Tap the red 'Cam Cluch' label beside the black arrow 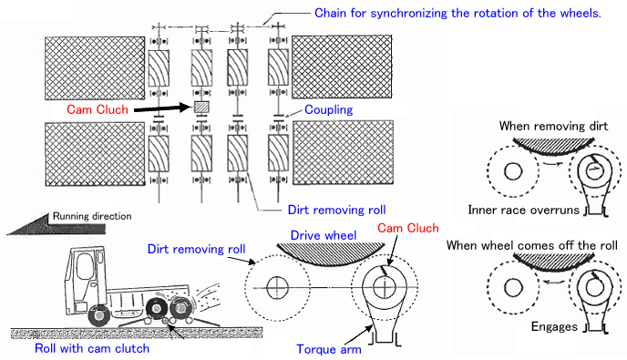click(98, 109)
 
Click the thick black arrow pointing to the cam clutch click(163, 108)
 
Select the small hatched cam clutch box click(201, 108)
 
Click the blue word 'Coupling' click(329, 109)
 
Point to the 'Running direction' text click(92, 216)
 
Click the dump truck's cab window click(85, 266)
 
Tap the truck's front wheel click(98, 315)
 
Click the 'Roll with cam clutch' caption click(92, 348)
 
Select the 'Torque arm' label click(329, 349)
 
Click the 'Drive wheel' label click(324, 235)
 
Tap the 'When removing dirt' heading click(553, 126)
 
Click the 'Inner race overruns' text click(523, 210)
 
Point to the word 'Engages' click(554, 327)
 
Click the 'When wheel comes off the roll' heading click(532, 245)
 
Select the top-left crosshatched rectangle click(95, 68)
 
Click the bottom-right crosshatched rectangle click(343, 152)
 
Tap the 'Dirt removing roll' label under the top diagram click(336, 210)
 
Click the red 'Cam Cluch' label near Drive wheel click(408, 228)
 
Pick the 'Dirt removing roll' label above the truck click(196, 249)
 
